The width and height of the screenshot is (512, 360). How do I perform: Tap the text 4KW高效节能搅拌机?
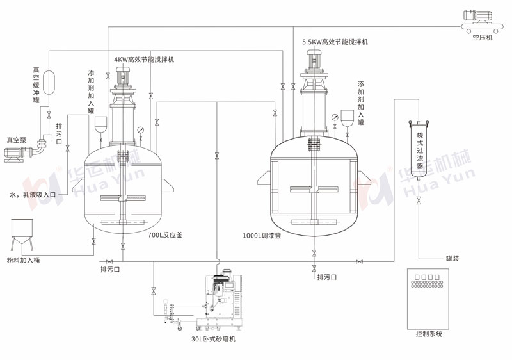[144, 60]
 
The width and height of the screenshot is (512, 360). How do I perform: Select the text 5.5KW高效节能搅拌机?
[335, 42]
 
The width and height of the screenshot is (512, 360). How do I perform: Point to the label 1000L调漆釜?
[262, 235]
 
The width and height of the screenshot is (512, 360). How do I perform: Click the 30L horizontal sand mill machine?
[221, 301]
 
